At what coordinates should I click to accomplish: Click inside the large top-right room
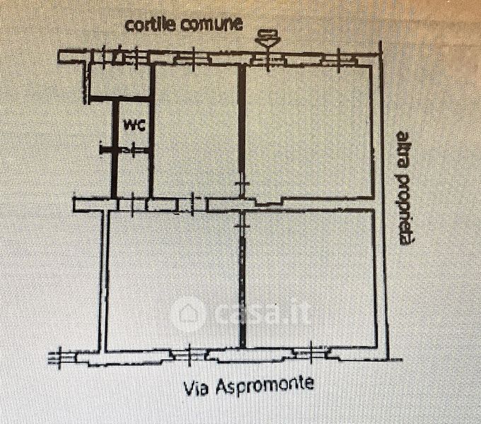click(x=308, y=131)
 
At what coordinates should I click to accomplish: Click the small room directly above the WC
click(x=118, y=83)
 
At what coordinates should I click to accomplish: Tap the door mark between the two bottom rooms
click(x=243, y=220)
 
